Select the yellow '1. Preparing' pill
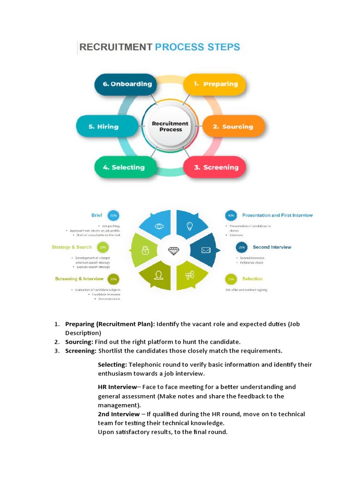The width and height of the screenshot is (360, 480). tap(215, 84)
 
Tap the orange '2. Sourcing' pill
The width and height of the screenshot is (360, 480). tap(233, 127)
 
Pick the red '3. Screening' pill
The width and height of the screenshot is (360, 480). tap(215, 167)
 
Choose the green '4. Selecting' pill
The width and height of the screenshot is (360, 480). tap(124, 167)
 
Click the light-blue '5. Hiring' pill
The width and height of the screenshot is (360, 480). tap(107, 127)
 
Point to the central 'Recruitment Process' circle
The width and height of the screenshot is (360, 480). tap(170, 127)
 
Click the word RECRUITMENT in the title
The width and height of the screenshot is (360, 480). tap(116, 47)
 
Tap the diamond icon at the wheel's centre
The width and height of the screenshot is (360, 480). tap(173, 251)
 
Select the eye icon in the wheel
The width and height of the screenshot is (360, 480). tap(159, 226)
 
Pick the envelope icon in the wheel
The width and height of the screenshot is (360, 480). tap(205, 250)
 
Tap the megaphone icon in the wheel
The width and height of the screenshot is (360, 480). tap(189, 276)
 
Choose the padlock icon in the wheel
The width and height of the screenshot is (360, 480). tap(145, 251)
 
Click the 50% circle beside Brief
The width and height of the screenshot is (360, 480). tap(113, 216)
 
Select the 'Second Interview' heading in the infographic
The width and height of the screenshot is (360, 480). tap(272, 247)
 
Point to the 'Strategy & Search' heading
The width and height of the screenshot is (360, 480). tap(72, 247)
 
